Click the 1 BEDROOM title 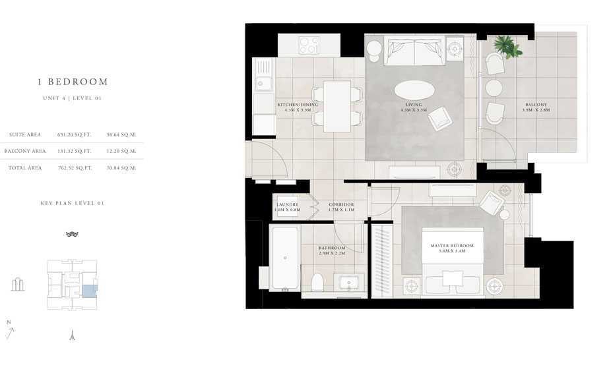coord(72,82)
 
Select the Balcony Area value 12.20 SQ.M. coord(121,151)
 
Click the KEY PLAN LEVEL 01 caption coord(72,203)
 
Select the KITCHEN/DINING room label coord(298,105)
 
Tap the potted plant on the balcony coord(507,46)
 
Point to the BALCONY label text coord(535,105)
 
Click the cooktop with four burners coord(309,45)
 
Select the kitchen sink coord(264,82)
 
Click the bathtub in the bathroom coord(285,259)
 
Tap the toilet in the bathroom coord(317,281)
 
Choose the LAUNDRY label coord(288,205)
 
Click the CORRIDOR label coord(341,205)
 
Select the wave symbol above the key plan coord(72,234)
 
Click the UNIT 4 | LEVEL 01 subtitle coord(72,98)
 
